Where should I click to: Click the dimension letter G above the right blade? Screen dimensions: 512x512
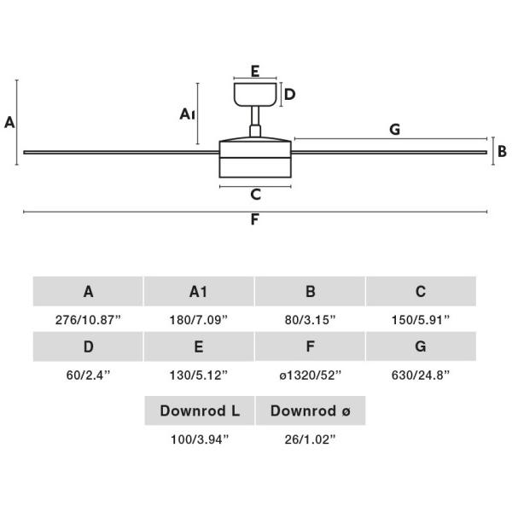395,130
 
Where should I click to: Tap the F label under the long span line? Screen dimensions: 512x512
254,219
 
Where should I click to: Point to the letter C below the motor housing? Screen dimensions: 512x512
256,195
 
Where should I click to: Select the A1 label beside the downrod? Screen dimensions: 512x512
188,114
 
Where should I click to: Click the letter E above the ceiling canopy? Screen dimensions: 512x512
255,71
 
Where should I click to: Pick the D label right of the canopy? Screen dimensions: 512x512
289,95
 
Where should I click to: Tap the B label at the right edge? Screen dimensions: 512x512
503,151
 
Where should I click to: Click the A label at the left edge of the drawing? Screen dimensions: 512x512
9,122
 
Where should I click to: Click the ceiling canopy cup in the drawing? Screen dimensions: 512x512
255,95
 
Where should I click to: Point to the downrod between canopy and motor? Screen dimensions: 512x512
255,121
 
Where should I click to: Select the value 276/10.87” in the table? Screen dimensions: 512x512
88,320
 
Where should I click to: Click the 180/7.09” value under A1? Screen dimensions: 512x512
199,320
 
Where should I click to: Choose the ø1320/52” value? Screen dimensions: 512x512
311,375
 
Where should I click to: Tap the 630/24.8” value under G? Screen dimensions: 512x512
421,375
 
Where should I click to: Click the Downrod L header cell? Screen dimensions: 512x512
200,410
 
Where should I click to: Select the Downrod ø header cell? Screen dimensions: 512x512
311,410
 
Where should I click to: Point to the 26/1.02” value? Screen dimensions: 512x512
311,439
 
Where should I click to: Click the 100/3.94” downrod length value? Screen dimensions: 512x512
200,439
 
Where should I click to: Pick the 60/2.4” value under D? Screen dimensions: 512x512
88,375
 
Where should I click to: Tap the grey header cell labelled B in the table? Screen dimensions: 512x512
311,291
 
